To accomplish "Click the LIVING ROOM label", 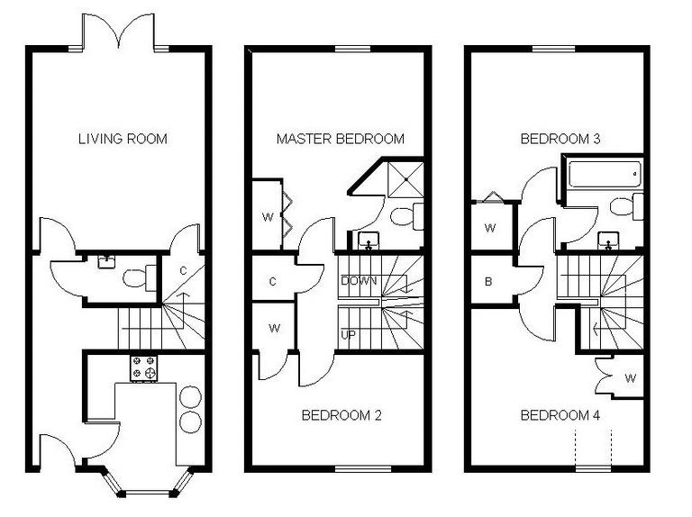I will coord(123,139).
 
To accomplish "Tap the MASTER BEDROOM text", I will coord(340,139).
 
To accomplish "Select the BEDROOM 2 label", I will coord(341,415).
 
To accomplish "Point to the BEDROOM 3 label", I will coord(560,139).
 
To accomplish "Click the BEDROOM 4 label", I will coord(560,415).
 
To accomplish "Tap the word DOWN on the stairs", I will coord(358,281).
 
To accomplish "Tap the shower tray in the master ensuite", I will coord(401,181).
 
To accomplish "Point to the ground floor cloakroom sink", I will coord(107,261).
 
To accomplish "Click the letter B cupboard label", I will coord(488,281).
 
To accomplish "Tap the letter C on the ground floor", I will coord(182,269).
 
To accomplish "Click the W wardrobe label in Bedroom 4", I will coord(630,377).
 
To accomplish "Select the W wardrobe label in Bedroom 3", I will coord(489,228).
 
